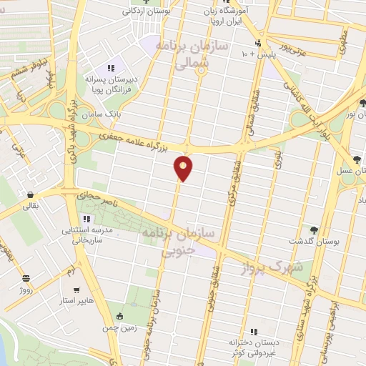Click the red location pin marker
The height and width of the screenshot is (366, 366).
tap(184, 168)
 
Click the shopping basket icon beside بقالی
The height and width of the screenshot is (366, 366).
tap(30, 194)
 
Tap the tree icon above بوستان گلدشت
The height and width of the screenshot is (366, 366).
tap(314, 230)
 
